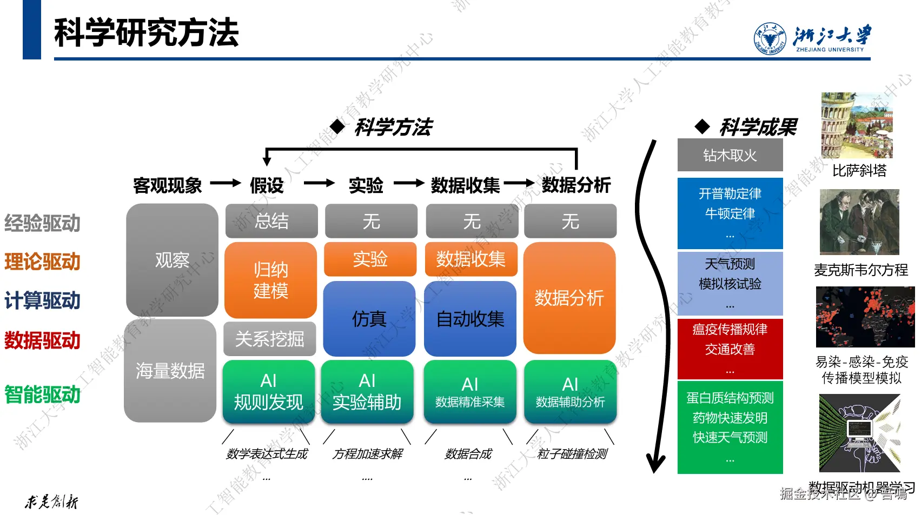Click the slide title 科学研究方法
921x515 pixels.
[146, 32]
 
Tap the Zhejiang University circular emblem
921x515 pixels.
[770, 38]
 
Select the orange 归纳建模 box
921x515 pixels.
[270, 280]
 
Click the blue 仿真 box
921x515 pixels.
[369, 319]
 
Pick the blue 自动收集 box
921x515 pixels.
[470, 319]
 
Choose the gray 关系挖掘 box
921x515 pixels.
[269, 339]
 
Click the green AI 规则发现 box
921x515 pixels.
[268, 392]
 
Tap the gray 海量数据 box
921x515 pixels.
[170, 371]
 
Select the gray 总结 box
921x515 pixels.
[271, 221]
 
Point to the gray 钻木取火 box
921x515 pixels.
[730, 155]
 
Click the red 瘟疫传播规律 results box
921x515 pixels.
[730, 349]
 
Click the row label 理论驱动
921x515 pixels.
[42, 262]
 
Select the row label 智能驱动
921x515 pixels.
[42, 394]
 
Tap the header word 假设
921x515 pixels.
[267, 185]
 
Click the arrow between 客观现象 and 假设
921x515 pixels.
[225, 184]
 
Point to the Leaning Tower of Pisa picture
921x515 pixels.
[856, 125]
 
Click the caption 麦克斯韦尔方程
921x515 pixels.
[861, 270]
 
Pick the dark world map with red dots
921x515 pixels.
[865, 317]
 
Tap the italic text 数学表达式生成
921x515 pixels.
[267, 454]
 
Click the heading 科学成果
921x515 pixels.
[758, 128]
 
